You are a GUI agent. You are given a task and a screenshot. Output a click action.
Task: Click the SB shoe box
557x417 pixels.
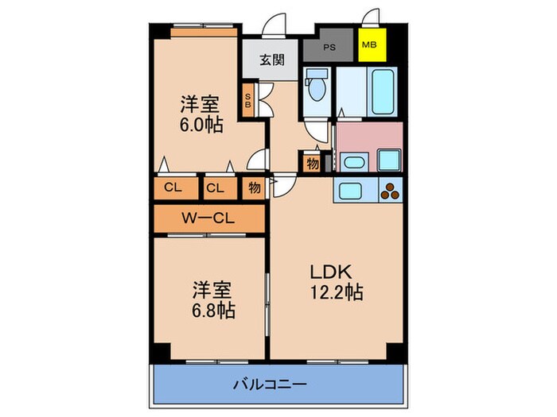pos(248,100)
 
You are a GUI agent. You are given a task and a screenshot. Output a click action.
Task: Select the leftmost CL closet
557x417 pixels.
pos(171,188)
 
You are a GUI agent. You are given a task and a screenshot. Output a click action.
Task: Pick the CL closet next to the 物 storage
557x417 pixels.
pos(214,188)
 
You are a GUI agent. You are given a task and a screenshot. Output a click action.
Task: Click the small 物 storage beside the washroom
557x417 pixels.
pos(312,164)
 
